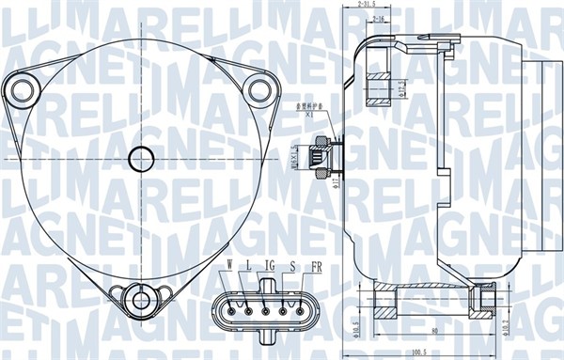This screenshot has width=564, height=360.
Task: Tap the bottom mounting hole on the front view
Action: [142, 301]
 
